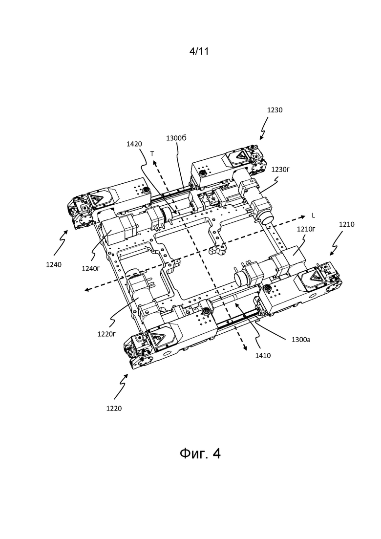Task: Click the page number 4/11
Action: coord(199,52)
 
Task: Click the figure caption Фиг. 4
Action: coord(200,454)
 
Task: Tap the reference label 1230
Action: coord(275,110)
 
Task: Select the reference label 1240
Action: coord(54,265)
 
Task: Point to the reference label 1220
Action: coord(114,409)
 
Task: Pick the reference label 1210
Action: coord(346,224)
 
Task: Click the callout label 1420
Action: coord(134,144)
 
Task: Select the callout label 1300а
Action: coord(301,340)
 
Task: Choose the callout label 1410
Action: coord(263,356)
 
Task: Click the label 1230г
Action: coord(281,170)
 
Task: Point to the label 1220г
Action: coord(106,333)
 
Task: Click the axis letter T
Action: coord(152,153)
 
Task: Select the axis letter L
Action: coord(313,216)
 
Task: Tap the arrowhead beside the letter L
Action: coord(303,216)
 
